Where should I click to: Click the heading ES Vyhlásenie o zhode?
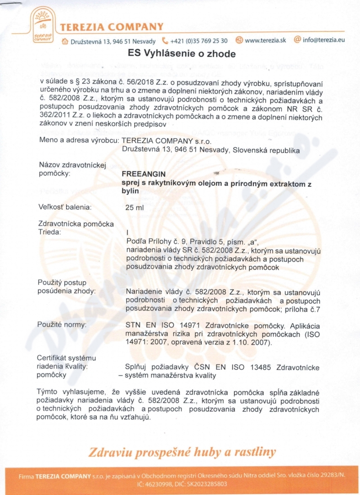point(182,54)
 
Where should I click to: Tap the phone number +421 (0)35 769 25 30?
point(198,40)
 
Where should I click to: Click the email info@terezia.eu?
point(324,40)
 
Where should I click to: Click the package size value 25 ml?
point(135,208)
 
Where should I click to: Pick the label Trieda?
point(50,232)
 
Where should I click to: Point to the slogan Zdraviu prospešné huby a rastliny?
point(182,451)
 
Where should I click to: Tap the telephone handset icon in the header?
point(165,40)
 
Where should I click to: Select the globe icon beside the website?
point(239,40)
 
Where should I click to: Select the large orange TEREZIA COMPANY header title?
point(112,27)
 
